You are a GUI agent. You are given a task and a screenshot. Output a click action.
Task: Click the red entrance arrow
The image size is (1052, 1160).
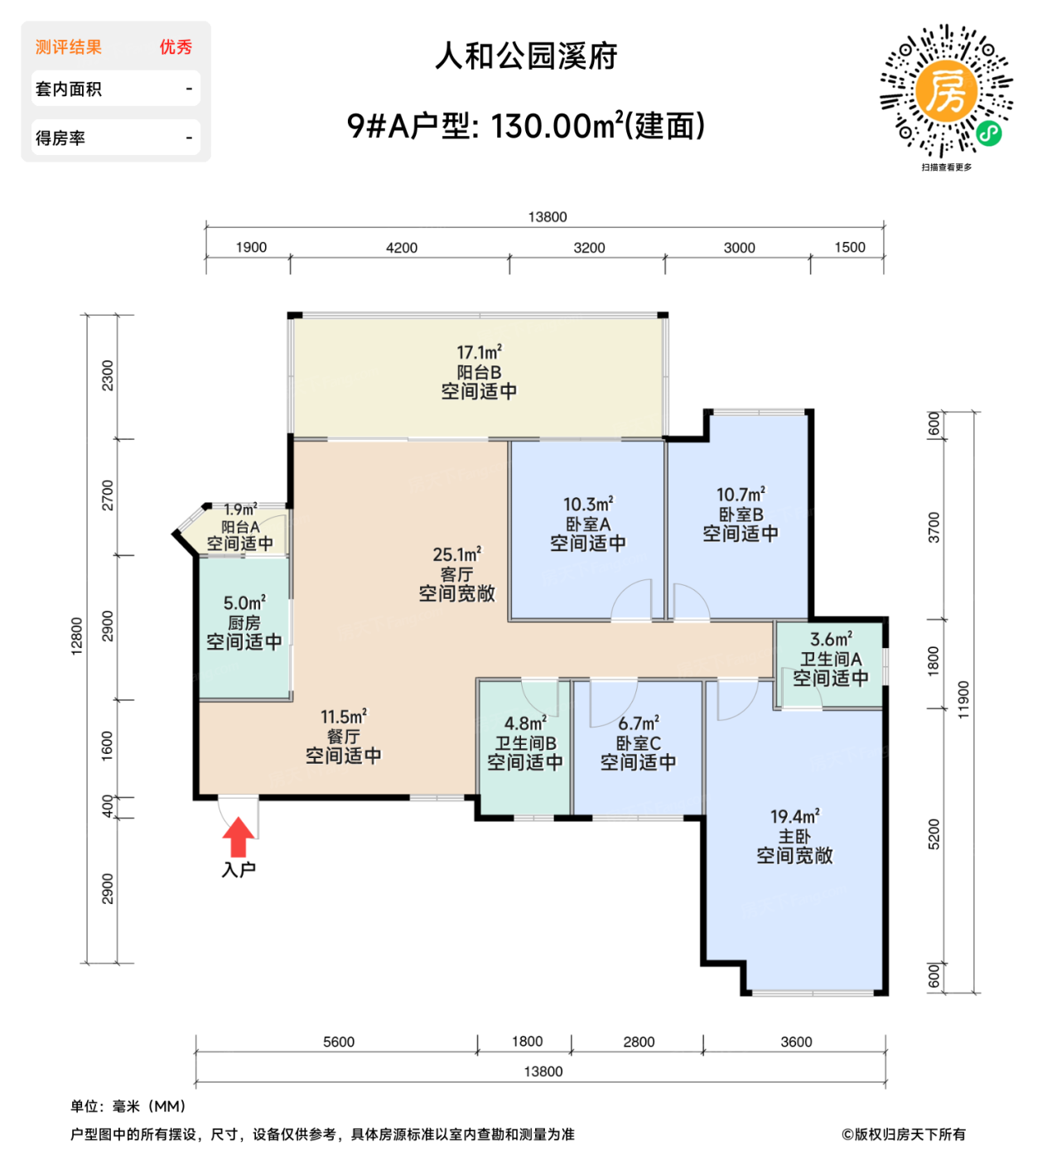tap(239, 837)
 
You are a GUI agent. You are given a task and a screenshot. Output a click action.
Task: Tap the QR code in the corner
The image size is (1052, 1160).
tap(946, 90)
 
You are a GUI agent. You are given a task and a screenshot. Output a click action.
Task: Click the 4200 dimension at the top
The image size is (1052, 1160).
tap(402, 248)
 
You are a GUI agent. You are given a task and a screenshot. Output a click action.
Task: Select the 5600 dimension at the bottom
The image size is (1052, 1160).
tap(339, 1042)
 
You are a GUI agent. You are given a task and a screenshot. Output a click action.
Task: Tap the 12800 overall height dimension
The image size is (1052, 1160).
tap(77, 636)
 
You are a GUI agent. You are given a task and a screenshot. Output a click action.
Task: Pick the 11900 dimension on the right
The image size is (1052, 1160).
tap(963, 700)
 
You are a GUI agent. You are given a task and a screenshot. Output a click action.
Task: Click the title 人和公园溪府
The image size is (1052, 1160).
tap(526, 56)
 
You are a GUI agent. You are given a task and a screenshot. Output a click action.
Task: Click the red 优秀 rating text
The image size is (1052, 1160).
tap(176, 47)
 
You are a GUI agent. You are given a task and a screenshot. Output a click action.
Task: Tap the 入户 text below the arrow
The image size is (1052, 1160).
tap(239, 869)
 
